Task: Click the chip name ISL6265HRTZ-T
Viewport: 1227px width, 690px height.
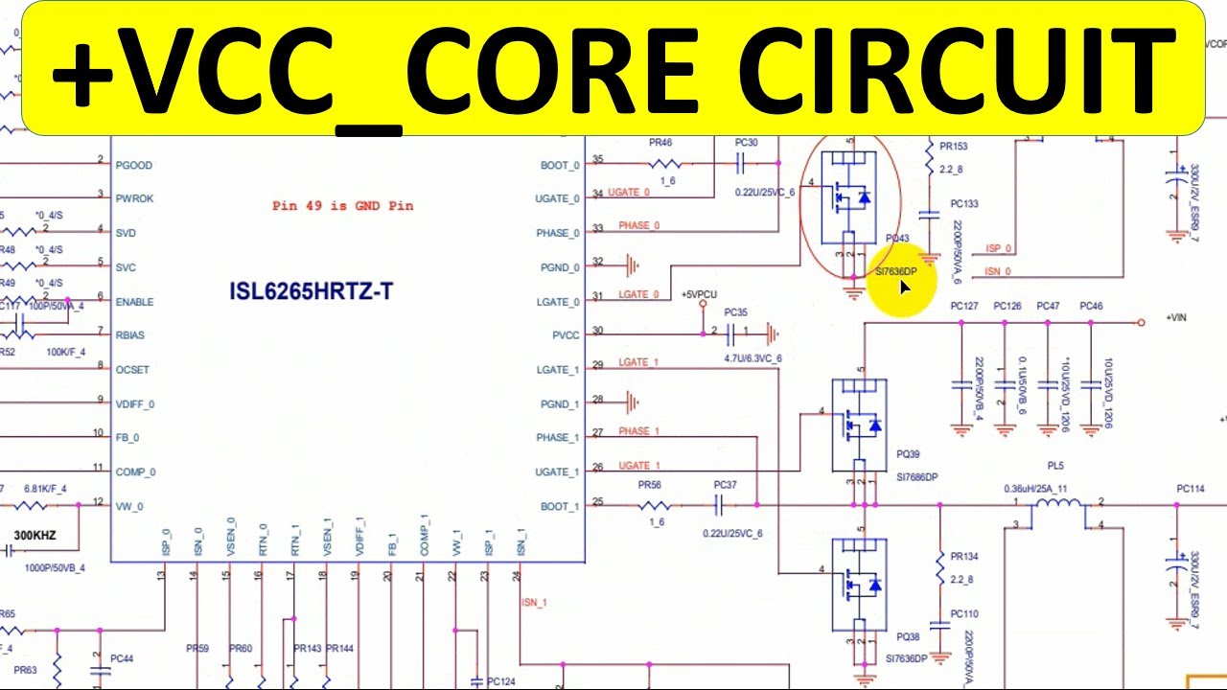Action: [311, 291]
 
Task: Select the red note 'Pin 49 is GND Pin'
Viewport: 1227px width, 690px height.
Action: [342, 205]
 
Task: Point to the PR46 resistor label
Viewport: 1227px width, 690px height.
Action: [660, 143]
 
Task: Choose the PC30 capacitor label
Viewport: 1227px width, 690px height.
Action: [746, 143]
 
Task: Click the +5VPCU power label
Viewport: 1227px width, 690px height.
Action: [700, 294]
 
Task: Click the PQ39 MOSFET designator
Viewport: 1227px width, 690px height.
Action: [908, 454]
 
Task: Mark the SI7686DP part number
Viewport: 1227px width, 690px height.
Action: [917, 476]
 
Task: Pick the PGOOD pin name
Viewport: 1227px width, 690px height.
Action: [134, 165]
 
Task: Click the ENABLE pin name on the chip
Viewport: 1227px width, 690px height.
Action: [134, 302]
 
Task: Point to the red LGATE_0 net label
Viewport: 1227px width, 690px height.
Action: [638, 294]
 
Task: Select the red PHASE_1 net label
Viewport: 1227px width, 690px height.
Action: [639, 431]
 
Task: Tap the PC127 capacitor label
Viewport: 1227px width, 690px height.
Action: [963, 307]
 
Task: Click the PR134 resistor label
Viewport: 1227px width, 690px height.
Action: [964, 557]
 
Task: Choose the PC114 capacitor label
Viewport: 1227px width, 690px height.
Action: [1190, 489]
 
